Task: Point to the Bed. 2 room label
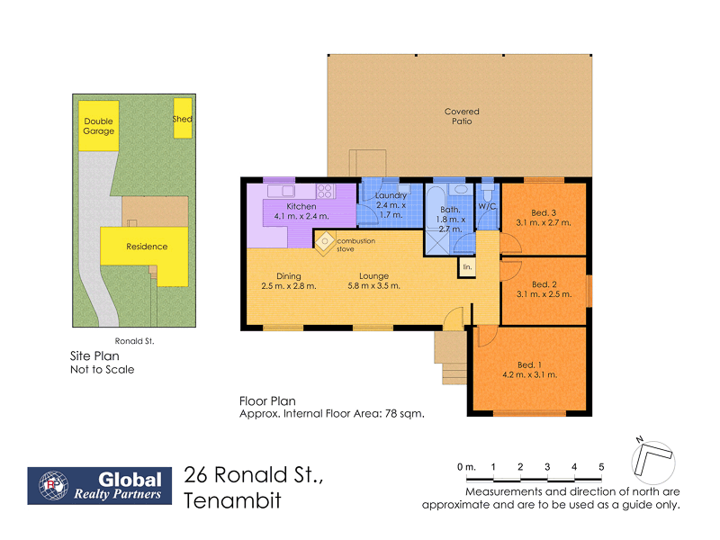[544, 284]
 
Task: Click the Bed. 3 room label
[544, 212]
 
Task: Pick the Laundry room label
[391, 195]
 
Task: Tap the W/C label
[487, 206]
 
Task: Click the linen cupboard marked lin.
[467, 267]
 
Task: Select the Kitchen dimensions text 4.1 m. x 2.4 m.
[295, 217]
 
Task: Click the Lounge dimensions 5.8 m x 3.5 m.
[373, 286]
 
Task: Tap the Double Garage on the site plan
[99, 126]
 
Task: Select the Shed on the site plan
[182, 119]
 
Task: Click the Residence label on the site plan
[146, 246]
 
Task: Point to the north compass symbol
[651, 461]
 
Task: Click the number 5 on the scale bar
[601, 466]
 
